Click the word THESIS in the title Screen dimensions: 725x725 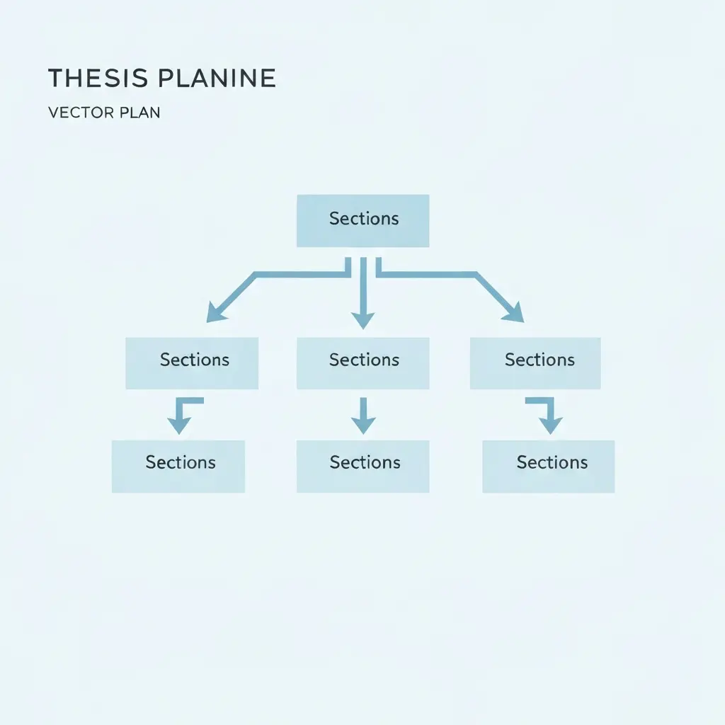pyautogui.click(x=98, y=78)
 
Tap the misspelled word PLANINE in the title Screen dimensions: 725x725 pyautogui.click(x=217, y=78)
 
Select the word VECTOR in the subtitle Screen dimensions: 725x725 pyautogui.click(x=81, y=113)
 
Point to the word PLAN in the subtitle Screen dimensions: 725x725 pyautogui.click(x=139, y=113)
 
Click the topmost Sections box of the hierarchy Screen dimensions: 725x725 pyautogui.click(x=363, y=221)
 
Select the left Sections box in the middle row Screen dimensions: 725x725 pyautogui.click(x=192, y=363)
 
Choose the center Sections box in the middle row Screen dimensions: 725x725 pyautogui.click(x=363, y=363)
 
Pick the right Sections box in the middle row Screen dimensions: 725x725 pyautogui.click(x=535, y=363)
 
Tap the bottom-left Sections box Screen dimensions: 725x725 pyautogui.click(x=178, y=466)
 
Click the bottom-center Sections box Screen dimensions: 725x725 pyautogui.click(x=363, y=466)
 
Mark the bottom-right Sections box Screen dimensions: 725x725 pyautogui.click(x=549, y=466)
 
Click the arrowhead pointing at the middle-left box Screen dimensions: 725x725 pyautogui.click(x=215, y=312)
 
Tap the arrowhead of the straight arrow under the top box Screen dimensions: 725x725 pyautogui.click(x=363, y=321)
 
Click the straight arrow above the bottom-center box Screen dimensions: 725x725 pyautogui.click(x=363, y=415)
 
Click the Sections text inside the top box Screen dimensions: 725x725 pyautogui.click(x=364, y=219)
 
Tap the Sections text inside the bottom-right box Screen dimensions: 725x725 pyautogui.click(x=552, y=462)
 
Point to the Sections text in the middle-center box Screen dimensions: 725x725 pyautogui.click(x=365, y=360)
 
